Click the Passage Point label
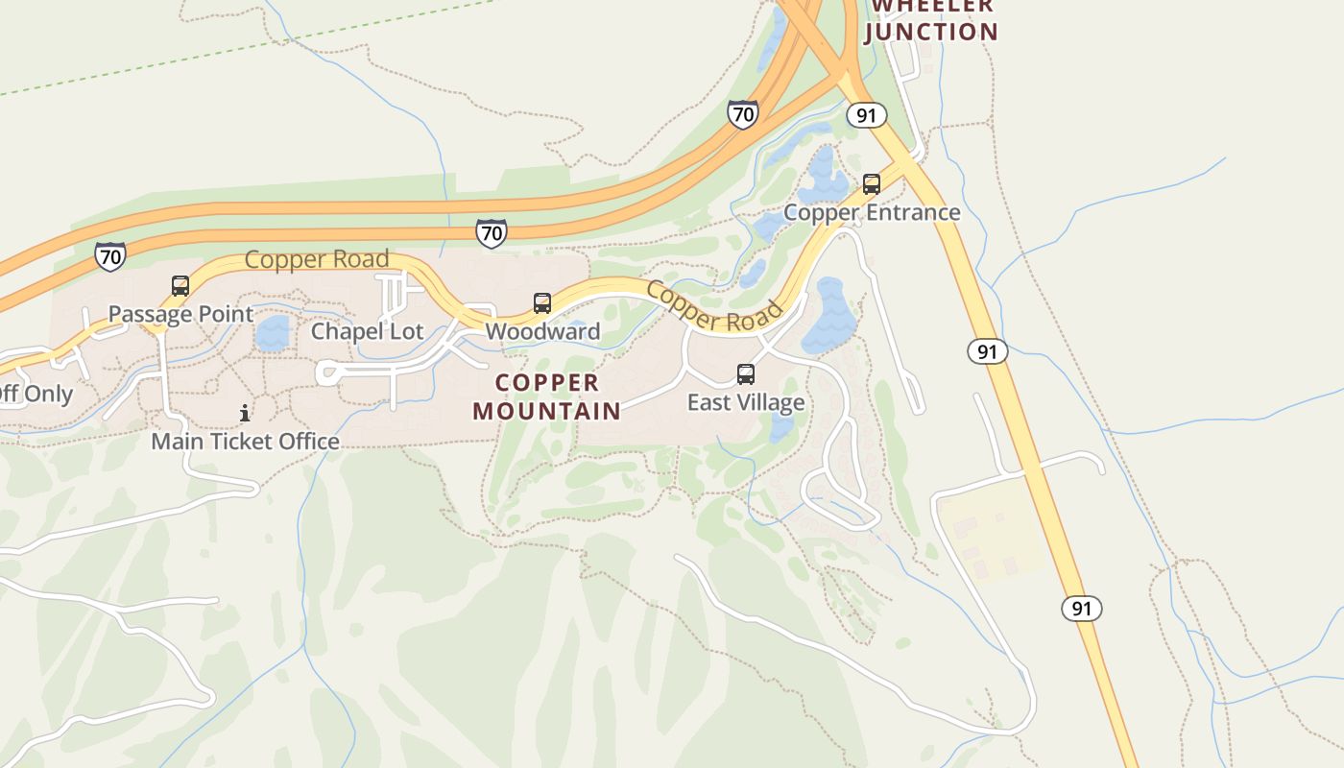[x=180, y=314]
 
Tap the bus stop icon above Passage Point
[x=180, y=285]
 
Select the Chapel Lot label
[x=368, y=331]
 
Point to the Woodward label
[x=542, y=331]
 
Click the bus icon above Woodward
[x=542, y=303]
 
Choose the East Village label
[x=746, y=402]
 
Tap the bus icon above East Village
[x=746, y=374]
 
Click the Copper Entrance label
[x=872, y=212]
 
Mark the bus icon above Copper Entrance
[x=872, y=183]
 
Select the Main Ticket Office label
[x=246, y=442]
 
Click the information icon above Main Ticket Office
[x=246, y=413]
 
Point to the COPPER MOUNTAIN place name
[x=547, y=396]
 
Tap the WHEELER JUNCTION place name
[x=931, y=19]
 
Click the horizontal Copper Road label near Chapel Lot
[x=317, y=259]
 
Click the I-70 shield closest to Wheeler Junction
[x=742, y=114]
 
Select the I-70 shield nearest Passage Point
[x=110, y=256]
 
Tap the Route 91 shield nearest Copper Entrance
[x=866, y=116]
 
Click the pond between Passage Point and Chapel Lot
[x=273, y=333]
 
